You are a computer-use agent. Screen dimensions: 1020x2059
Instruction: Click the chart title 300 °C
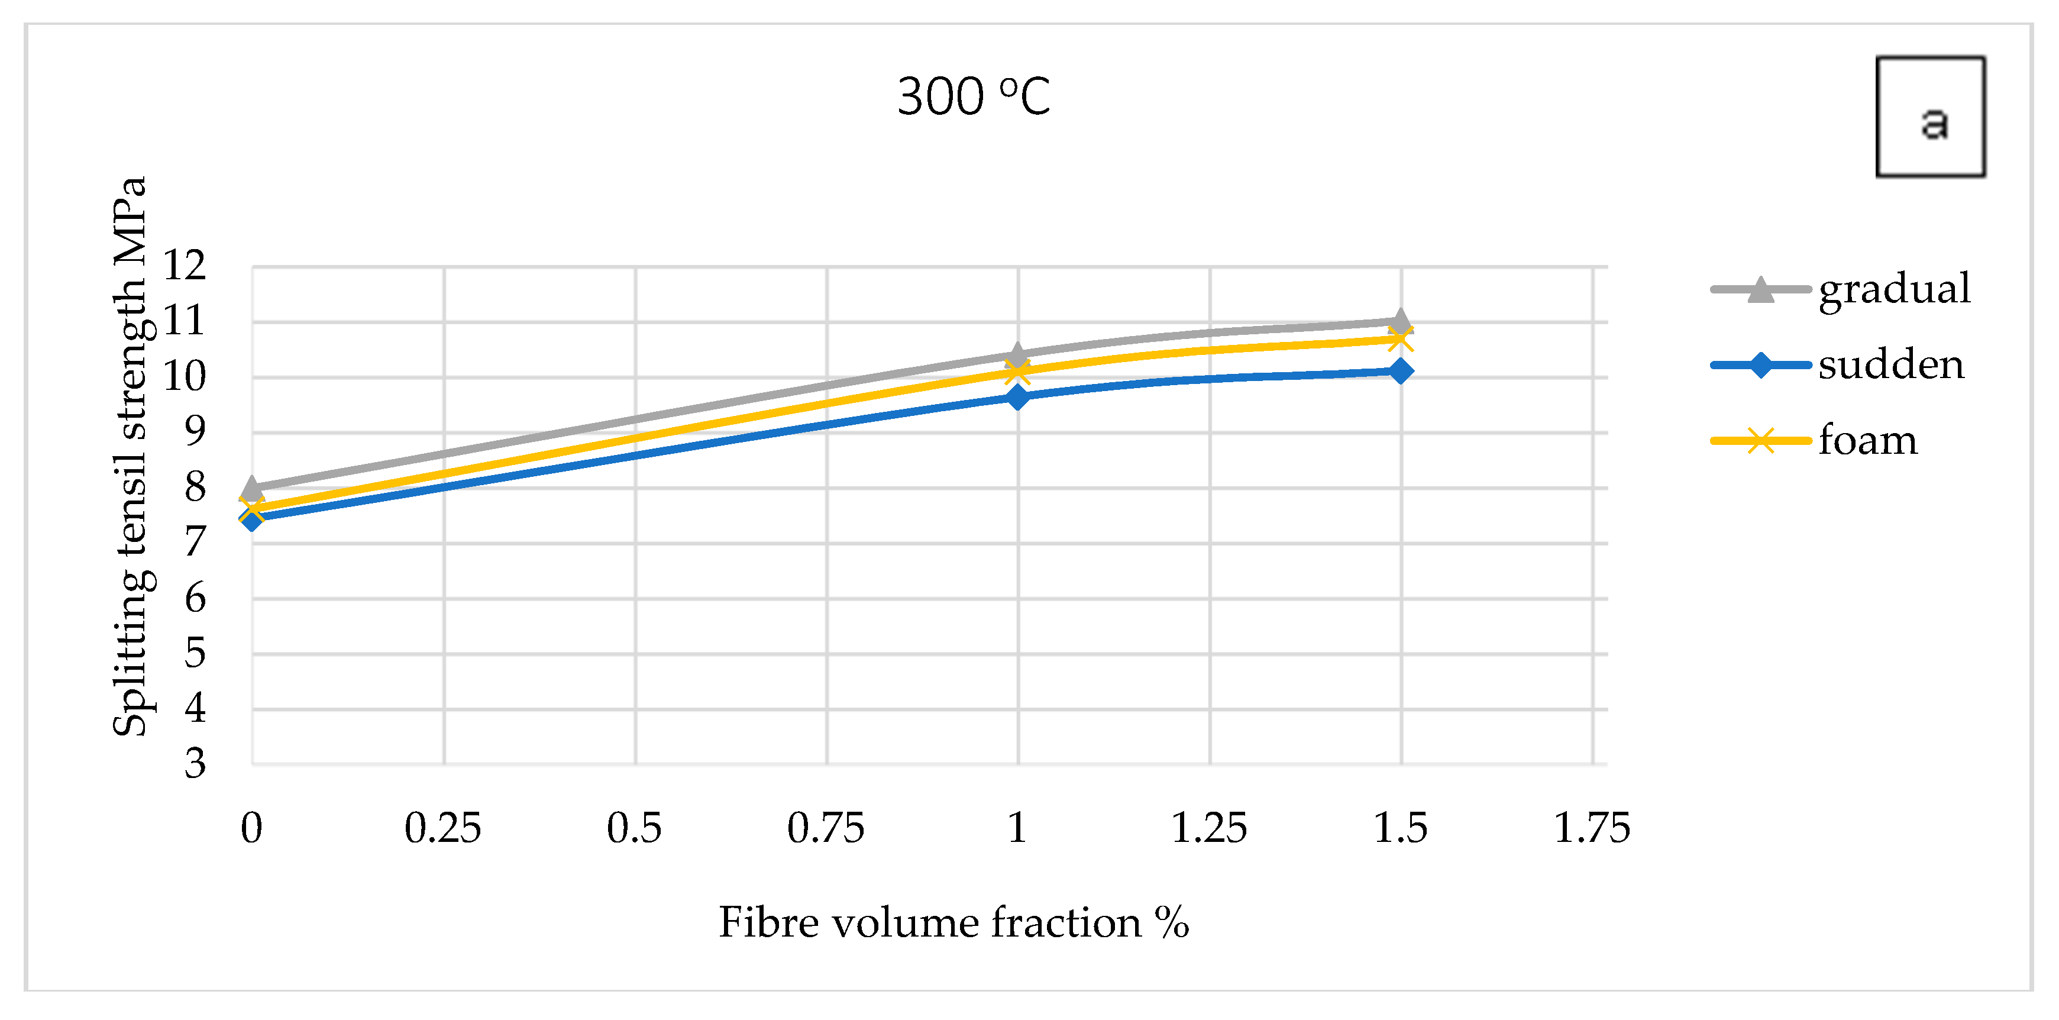click(973, 96)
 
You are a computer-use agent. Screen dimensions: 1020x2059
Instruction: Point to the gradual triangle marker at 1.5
click(1401, 321)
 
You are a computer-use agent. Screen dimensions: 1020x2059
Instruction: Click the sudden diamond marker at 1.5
click(1401, 371)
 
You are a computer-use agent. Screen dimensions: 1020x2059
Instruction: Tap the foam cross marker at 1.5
click(1401, 339)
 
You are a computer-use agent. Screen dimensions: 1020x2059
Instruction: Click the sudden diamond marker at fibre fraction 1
click(1017, 396)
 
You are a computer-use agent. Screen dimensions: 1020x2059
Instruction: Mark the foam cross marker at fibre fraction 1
click(1017, 371)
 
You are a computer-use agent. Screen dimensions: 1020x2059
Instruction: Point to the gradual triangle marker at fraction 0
click(253, 487)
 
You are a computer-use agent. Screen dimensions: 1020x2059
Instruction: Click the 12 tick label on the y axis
click(185, 266)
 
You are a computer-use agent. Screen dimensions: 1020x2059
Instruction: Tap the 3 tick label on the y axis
click(195, 763)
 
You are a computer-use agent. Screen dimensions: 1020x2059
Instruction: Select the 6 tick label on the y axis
click(195, 598)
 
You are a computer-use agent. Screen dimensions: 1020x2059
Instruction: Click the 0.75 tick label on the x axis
click(826, 828)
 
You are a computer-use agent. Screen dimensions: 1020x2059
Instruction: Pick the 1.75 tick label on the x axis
click(1591, 828)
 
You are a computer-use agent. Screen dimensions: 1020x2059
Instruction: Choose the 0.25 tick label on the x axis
click(443, 828)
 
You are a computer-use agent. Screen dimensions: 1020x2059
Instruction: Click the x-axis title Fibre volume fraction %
click(953, 924)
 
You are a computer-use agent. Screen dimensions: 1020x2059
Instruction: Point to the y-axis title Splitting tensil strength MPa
click(130, 456)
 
